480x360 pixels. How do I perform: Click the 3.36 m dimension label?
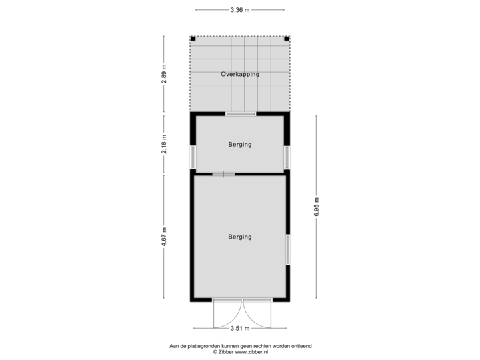tap(239, 10)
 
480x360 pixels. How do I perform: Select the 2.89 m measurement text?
tap(165, 73)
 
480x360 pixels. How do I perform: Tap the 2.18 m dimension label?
tap(165, 144)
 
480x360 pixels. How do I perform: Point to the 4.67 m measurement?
tap(165, 237)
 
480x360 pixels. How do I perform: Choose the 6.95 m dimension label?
tap(317, 207)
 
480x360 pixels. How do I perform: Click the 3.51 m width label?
tap(239, 328)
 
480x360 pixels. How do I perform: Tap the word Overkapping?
tap(240, 75)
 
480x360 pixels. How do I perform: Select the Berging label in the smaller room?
tap(240, 145)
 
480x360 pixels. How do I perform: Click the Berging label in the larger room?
tap(240, 237)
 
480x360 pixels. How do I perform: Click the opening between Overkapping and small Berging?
tap(240, 114)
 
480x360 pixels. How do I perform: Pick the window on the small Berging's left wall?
tap(193, 157)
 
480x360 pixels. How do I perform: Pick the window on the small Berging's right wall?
tap(287, 157)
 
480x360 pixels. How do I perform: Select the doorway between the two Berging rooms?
tap(224, 175)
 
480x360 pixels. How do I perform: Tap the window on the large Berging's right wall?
tap(287, 249)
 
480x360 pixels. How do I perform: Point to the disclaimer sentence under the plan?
tap(239, 346)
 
